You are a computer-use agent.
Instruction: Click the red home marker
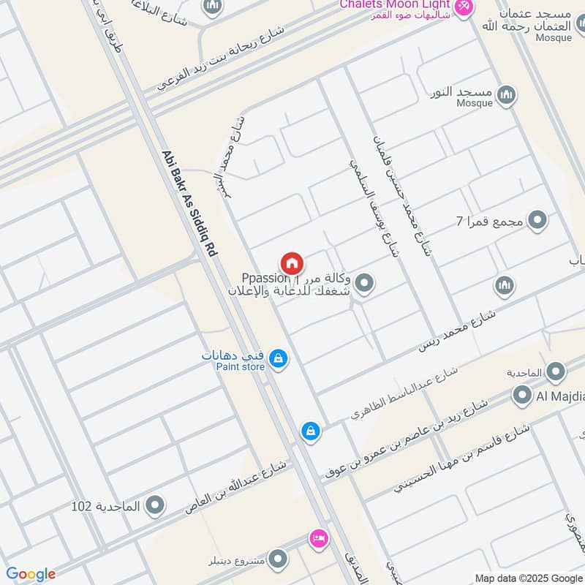pos(291,262)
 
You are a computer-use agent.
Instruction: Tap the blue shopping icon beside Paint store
pos(278,358)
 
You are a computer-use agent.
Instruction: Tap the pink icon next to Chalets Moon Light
pos(463,7)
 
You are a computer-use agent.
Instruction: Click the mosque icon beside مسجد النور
pos(506,94)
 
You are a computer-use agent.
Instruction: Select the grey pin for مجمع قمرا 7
pos(538,219)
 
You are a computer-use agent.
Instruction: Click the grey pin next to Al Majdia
pos(521,396)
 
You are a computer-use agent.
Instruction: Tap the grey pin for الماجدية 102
pos(154,505)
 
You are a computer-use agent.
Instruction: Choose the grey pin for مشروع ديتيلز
pos(278,559)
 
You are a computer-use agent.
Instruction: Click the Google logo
pos(31,574)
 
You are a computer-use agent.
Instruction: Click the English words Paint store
pos(240,367)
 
